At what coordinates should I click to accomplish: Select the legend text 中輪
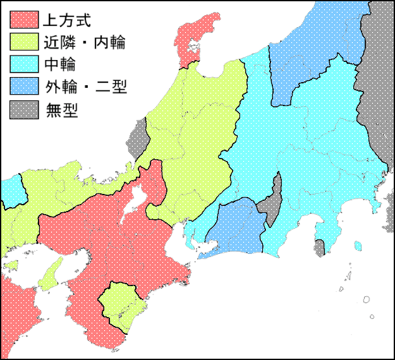[61, 64]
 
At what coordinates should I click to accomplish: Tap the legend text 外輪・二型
[86, 87]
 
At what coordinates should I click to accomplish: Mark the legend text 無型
[61, 109]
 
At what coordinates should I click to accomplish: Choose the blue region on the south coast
[237, 227]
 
